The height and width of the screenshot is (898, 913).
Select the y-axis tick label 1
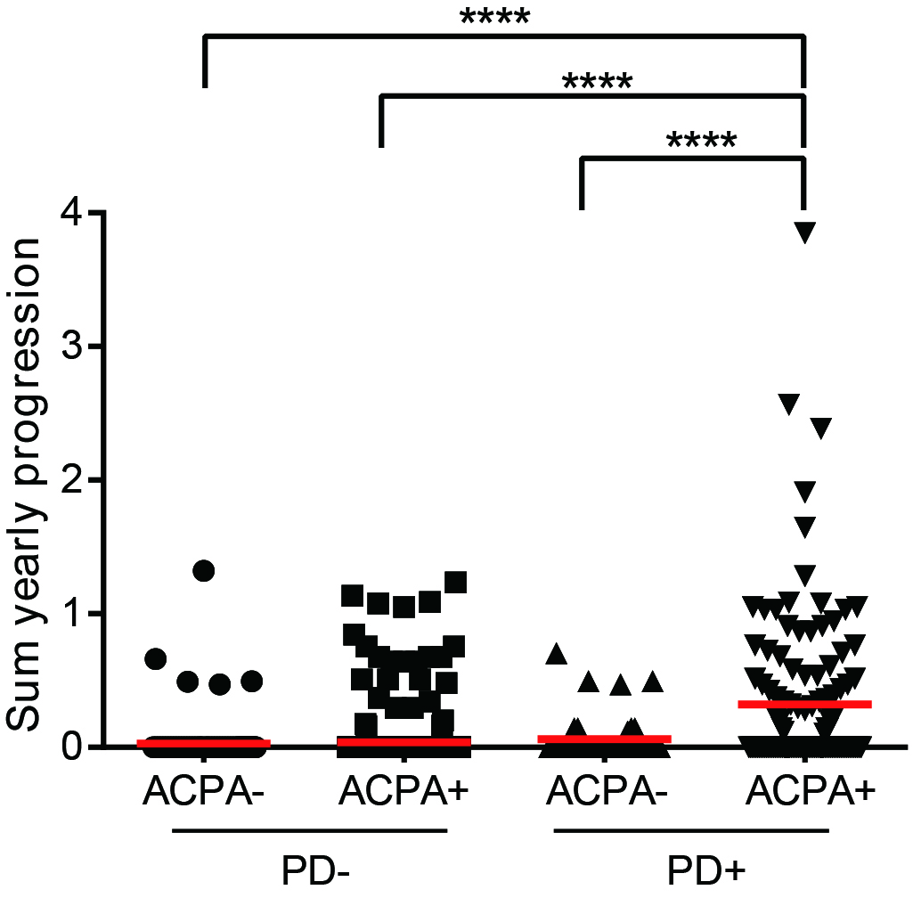click(74, 613)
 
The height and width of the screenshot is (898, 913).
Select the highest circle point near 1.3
click(204, 571)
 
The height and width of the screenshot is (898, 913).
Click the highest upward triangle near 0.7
click(558, 654)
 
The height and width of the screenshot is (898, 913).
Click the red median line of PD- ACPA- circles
click(204, 742)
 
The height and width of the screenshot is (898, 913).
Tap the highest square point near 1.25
click(456, 583)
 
